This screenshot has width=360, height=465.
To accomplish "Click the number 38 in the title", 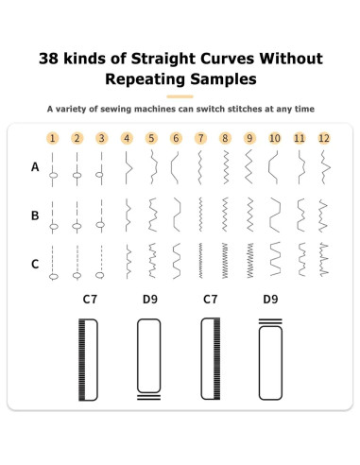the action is point(48,59).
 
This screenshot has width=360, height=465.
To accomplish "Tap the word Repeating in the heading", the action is point(146,79).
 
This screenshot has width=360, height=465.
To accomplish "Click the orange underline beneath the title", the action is point(180,96).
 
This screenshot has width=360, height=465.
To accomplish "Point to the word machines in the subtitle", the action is point(155,109).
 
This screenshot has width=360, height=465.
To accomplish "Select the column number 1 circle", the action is point(53,138).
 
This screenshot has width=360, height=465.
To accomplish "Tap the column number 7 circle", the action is point(200,138).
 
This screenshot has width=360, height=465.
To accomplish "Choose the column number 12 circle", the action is point(324,138).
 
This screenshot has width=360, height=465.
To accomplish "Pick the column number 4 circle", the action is point(127,138).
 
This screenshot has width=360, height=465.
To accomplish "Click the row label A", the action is point(35,167).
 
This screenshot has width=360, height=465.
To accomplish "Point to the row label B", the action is point(35,215).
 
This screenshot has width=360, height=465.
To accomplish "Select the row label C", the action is point(35,264).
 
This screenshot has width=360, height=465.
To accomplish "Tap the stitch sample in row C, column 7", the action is point(200,261).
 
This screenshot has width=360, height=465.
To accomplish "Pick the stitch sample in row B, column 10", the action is point(275,215).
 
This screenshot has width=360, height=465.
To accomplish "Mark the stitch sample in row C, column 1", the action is point(53,263).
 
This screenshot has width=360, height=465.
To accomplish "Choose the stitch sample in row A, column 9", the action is point(249,167).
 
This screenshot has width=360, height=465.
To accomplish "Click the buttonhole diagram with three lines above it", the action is point(270,359).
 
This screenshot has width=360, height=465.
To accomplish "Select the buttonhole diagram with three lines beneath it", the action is point(149,359).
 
